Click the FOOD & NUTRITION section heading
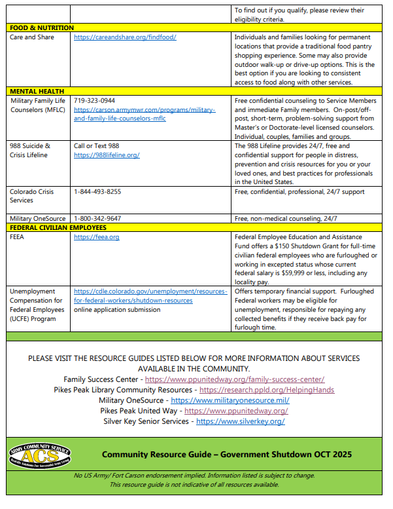point(42,28)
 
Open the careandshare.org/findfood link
point(125,37)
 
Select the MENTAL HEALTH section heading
point(37,91)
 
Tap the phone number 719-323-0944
point(94,101)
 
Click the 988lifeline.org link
point(107,155)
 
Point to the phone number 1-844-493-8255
point(97,192)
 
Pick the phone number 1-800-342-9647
point(97,218)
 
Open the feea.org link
point(97,236)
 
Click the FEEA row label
point(18,236)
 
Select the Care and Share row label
point(32,37)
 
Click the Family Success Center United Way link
point(234,379)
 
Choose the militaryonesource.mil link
point(230,400)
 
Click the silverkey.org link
point(240,421)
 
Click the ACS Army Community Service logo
point(41,455)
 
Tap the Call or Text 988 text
point(97,146)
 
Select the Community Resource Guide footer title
point(226,455)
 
